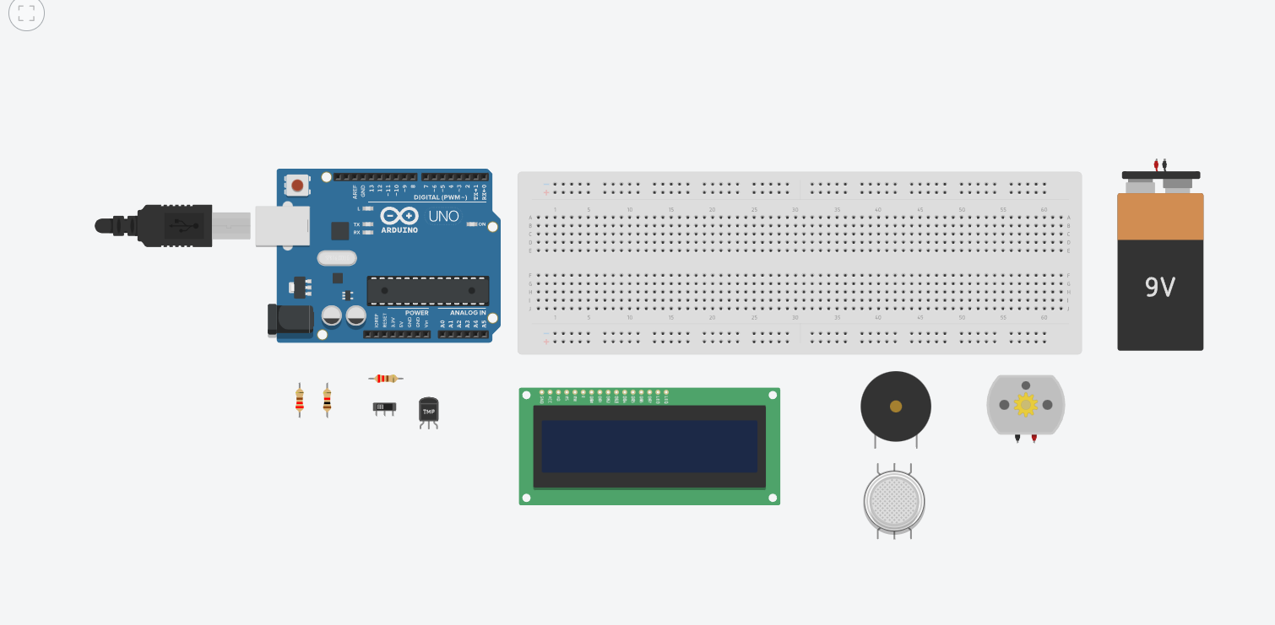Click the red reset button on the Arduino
click(x=296, y=185)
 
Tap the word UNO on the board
click(x=443, y=216)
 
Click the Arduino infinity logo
click(x=399, y=216)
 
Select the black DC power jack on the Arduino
click(x=290, y=319)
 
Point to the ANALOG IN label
click(x=468, y=313)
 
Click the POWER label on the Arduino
click(x=416, y=313)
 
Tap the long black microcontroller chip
click(x=427, y=290)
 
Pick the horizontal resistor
click(x=386, y=379)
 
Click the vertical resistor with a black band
click(x=327, y=400)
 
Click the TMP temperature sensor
click(x=429, y=411)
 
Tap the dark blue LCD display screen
click(x=648, y=446)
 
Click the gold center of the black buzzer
click(x=896, y=407)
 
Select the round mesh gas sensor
click(x=894, y=501)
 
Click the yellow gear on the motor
click(x=1026, y=405)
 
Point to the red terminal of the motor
click(x=1034, y=439)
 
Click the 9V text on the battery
click(x=1160, y=288)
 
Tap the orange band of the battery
click(x=1160, y=217)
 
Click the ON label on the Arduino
click(x=482, y=224)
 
